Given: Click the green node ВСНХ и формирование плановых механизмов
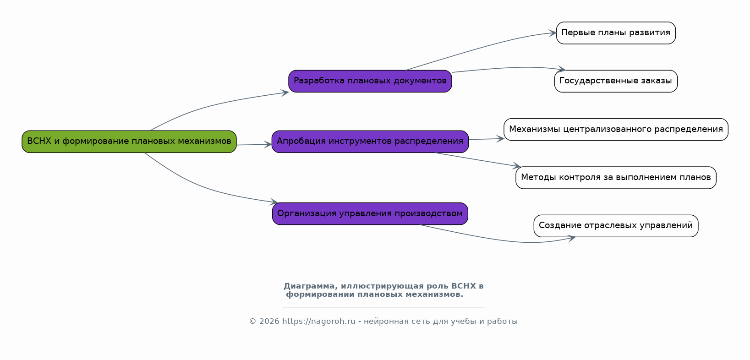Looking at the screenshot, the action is click(x=129, y=142).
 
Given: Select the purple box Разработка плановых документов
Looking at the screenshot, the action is click(x=370, y=82).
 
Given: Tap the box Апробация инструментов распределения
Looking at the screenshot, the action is click(x=370, y=142).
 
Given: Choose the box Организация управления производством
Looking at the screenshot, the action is click(x=370, y=214).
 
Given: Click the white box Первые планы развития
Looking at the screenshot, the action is click(x=616, y=33).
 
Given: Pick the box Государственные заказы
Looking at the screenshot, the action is click(x=616, y=82).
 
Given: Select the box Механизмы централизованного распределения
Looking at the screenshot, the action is click(x=616, y=130).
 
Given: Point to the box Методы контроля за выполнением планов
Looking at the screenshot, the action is click(x=616, y=178).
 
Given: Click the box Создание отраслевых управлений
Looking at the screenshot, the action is click(x=616, y=226).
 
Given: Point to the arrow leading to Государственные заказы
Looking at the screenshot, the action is click(x=509, y=68).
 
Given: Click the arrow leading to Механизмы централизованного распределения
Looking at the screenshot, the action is click(x=487, y=139).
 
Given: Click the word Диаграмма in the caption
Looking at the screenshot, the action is click(x=309, y=286).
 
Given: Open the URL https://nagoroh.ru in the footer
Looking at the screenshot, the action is click(x=319, y=322).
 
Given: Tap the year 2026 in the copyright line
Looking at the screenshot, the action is click(x=269, y=322).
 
